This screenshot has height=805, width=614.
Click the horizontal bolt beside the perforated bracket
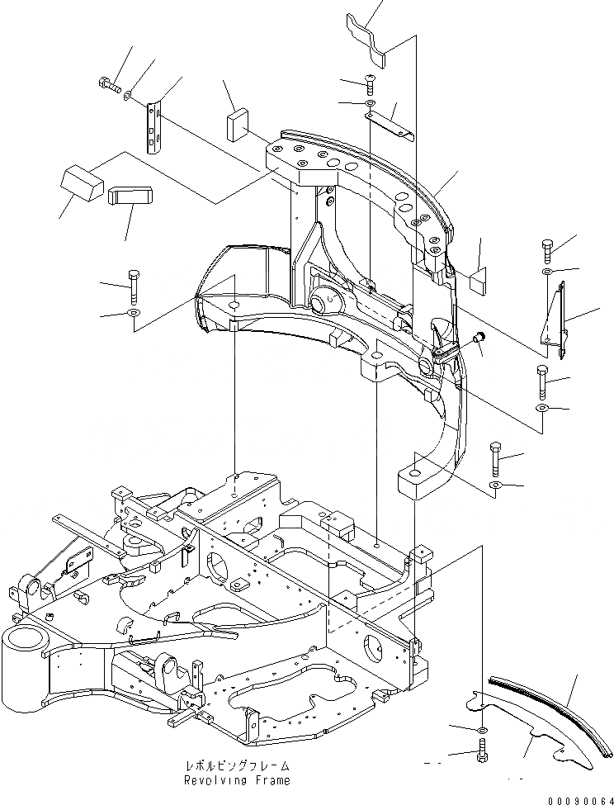[x=107, y=84]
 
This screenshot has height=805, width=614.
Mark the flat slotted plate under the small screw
[x=388, y=124]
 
